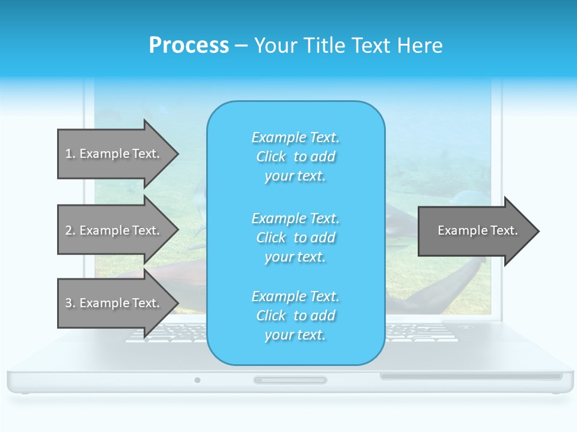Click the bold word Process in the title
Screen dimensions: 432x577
click(189, 46)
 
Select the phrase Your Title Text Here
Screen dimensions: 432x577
click(348, 46)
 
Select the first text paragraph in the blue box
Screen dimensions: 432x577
click(295, 157)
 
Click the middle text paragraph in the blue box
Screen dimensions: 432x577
click(295, 238)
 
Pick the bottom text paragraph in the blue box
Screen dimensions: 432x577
click(295, 316)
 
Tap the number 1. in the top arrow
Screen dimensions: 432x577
click(70, 154)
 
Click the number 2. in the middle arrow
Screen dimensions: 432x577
click(70, 230)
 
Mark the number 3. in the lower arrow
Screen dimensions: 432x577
click(70, 303)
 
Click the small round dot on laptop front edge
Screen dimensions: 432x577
click(197, 380)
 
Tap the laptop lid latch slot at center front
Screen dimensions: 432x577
click(290, 380)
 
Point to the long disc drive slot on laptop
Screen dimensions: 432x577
click(471, 376)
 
